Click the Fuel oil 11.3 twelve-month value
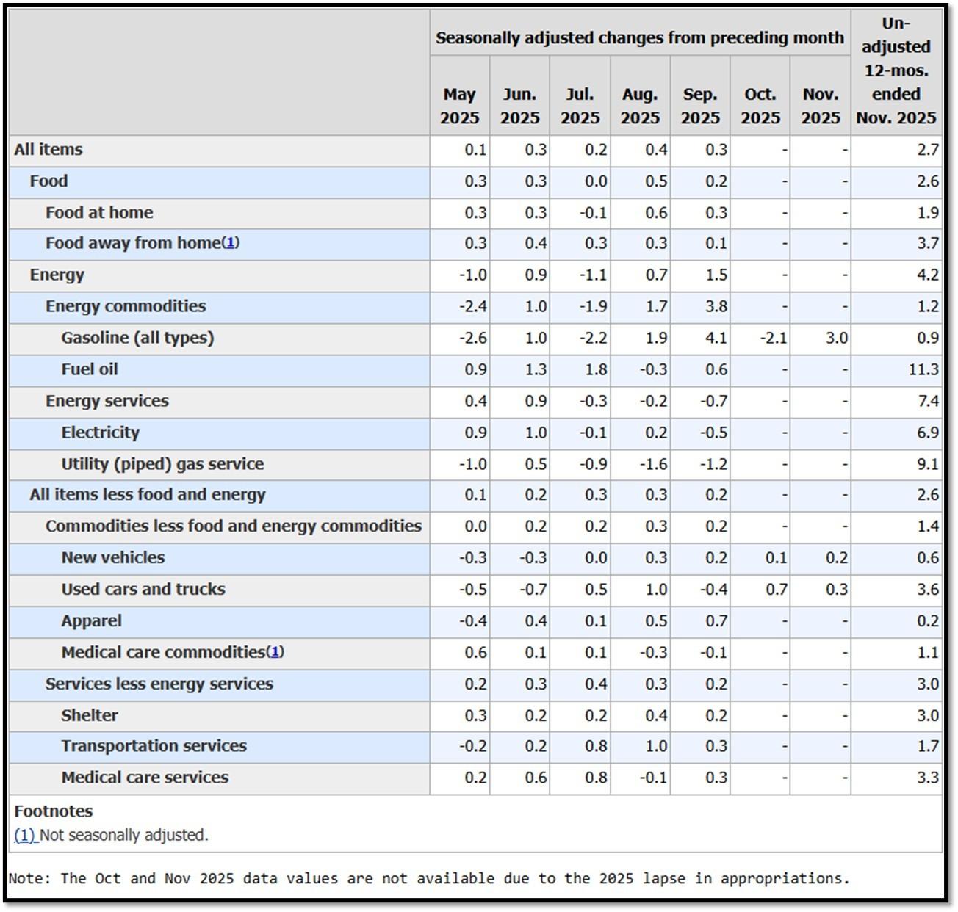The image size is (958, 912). coord(923,369)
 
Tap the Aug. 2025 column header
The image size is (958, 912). coord(640,106)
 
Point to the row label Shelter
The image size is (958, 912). coord(89,715)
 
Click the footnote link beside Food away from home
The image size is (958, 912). coord(231,242)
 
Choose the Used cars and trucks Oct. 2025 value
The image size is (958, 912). coord(777,589)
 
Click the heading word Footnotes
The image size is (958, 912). coord(53,811)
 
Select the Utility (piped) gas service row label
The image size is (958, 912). coord(162,464)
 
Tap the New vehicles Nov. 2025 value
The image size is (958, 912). coord(837,557)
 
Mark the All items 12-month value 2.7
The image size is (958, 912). coord(928,149)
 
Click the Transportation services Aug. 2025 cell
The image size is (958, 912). coord(656,746)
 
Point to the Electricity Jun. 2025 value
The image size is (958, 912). coord(536,432)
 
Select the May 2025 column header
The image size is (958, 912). coord(459,106)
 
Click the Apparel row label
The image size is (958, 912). coord(91,620)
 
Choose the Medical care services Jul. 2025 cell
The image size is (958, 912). coord(596,777)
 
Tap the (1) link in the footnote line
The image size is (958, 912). coord(25,835)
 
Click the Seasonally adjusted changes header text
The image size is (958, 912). coord(639,37)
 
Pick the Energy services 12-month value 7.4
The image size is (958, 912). coord(928,400)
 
